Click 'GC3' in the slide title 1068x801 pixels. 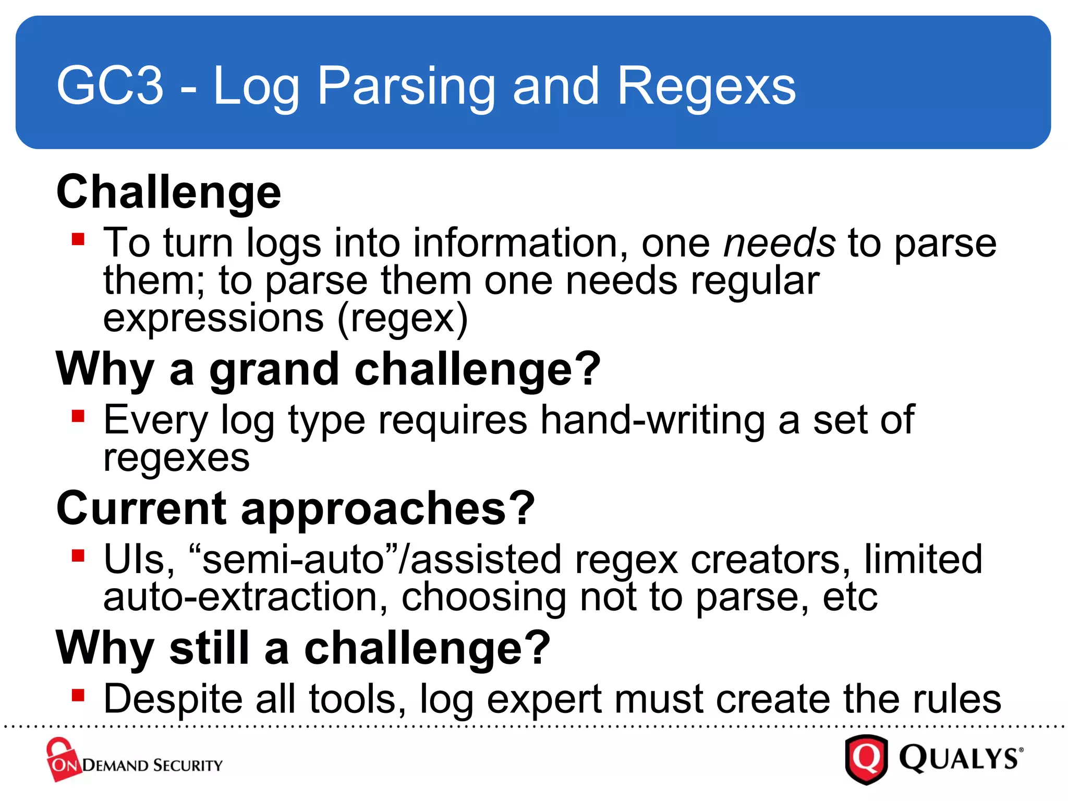(x=110, y=86)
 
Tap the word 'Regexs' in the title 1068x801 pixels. (x=707, y=86)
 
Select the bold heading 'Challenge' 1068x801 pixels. (x=168, y=192)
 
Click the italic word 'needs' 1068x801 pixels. (x=779, y=243)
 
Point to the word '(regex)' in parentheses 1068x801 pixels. (x=403, y=318)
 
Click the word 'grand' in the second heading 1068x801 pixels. (x=274, y=369)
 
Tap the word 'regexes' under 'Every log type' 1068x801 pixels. (x=176, y=458)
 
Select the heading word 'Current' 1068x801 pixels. (x=141, y=508)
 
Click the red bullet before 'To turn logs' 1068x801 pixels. (x=78, y=239)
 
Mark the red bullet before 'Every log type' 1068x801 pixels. (x=78, y=416)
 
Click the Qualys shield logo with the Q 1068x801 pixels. (x=866, y=759)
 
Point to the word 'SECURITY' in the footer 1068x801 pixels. (x=188, y=766)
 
